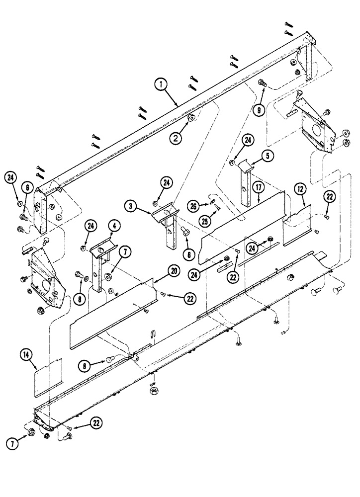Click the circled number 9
(x=259, y=110)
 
